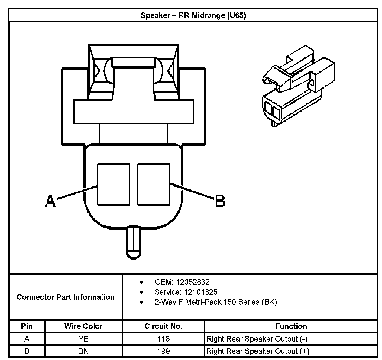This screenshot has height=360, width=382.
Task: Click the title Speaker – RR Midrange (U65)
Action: [x=193, y=15]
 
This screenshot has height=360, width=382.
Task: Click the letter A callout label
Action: [x=50, y=201]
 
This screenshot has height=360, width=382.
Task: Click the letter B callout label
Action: [x=220, y=201]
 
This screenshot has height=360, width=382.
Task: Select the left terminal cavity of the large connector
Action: [x=113, y=184]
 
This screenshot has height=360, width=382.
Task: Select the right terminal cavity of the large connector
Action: [x=154, y=184]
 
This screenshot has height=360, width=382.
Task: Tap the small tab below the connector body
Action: [x=133, y=242]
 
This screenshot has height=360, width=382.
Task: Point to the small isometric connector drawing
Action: [x=298, y=86]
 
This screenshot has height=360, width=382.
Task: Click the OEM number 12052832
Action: [x=193, y=282]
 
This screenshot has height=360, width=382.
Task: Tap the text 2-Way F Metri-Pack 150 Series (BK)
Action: [x=215, y=302]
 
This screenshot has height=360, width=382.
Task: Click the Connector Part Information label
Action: [x=66, y=297]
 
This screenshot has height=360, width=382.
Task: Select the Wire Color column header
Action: [x=83, y=326]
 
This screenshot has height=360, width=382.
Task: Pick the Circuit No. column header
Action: [x=163, y=326]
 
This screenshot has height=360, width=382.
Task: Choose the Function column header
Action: [x=291, y=326]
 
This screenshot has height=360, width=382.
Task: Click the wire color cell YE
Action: [x=83, y=339]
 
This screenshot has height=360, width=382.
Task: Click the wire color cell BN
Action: [x=83, y=351]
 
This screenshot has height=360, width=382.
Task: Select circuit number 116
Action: [x=163, y=339]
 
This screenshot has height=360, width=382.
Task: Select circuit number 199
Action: [x=163, y=351]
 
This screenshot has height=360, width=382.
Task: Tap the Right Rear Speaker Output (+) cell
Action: [x=258, y=351]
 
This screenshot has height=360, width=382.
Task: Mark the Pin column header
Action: [x=27, y=326]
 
